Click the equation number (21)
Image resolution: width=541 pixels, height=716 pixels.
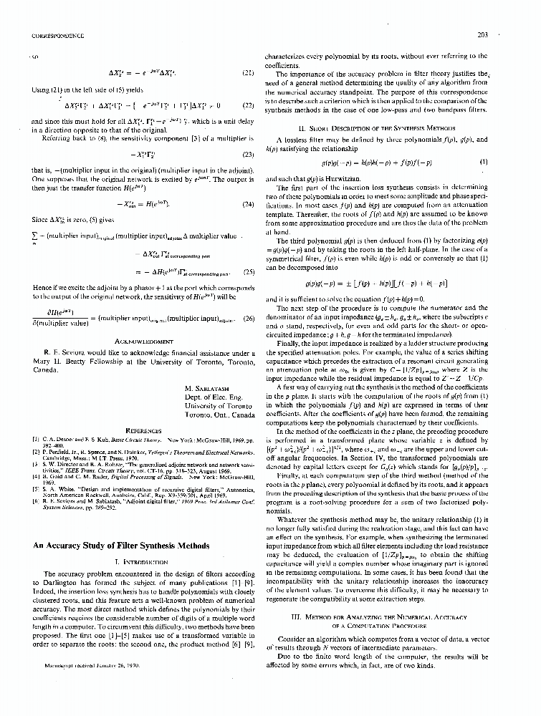pyautogui.click(x=248, y=72)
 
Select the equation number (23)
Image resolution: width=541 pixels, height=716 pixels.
pyautogui.click(x=248, y=154)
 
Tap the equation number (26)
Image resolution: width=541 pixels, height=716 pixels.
pyautogui.click(x=248, y=316)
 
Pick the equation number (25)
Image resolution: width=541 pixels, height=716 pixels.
pyautogui.click(x=248, y=272)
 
